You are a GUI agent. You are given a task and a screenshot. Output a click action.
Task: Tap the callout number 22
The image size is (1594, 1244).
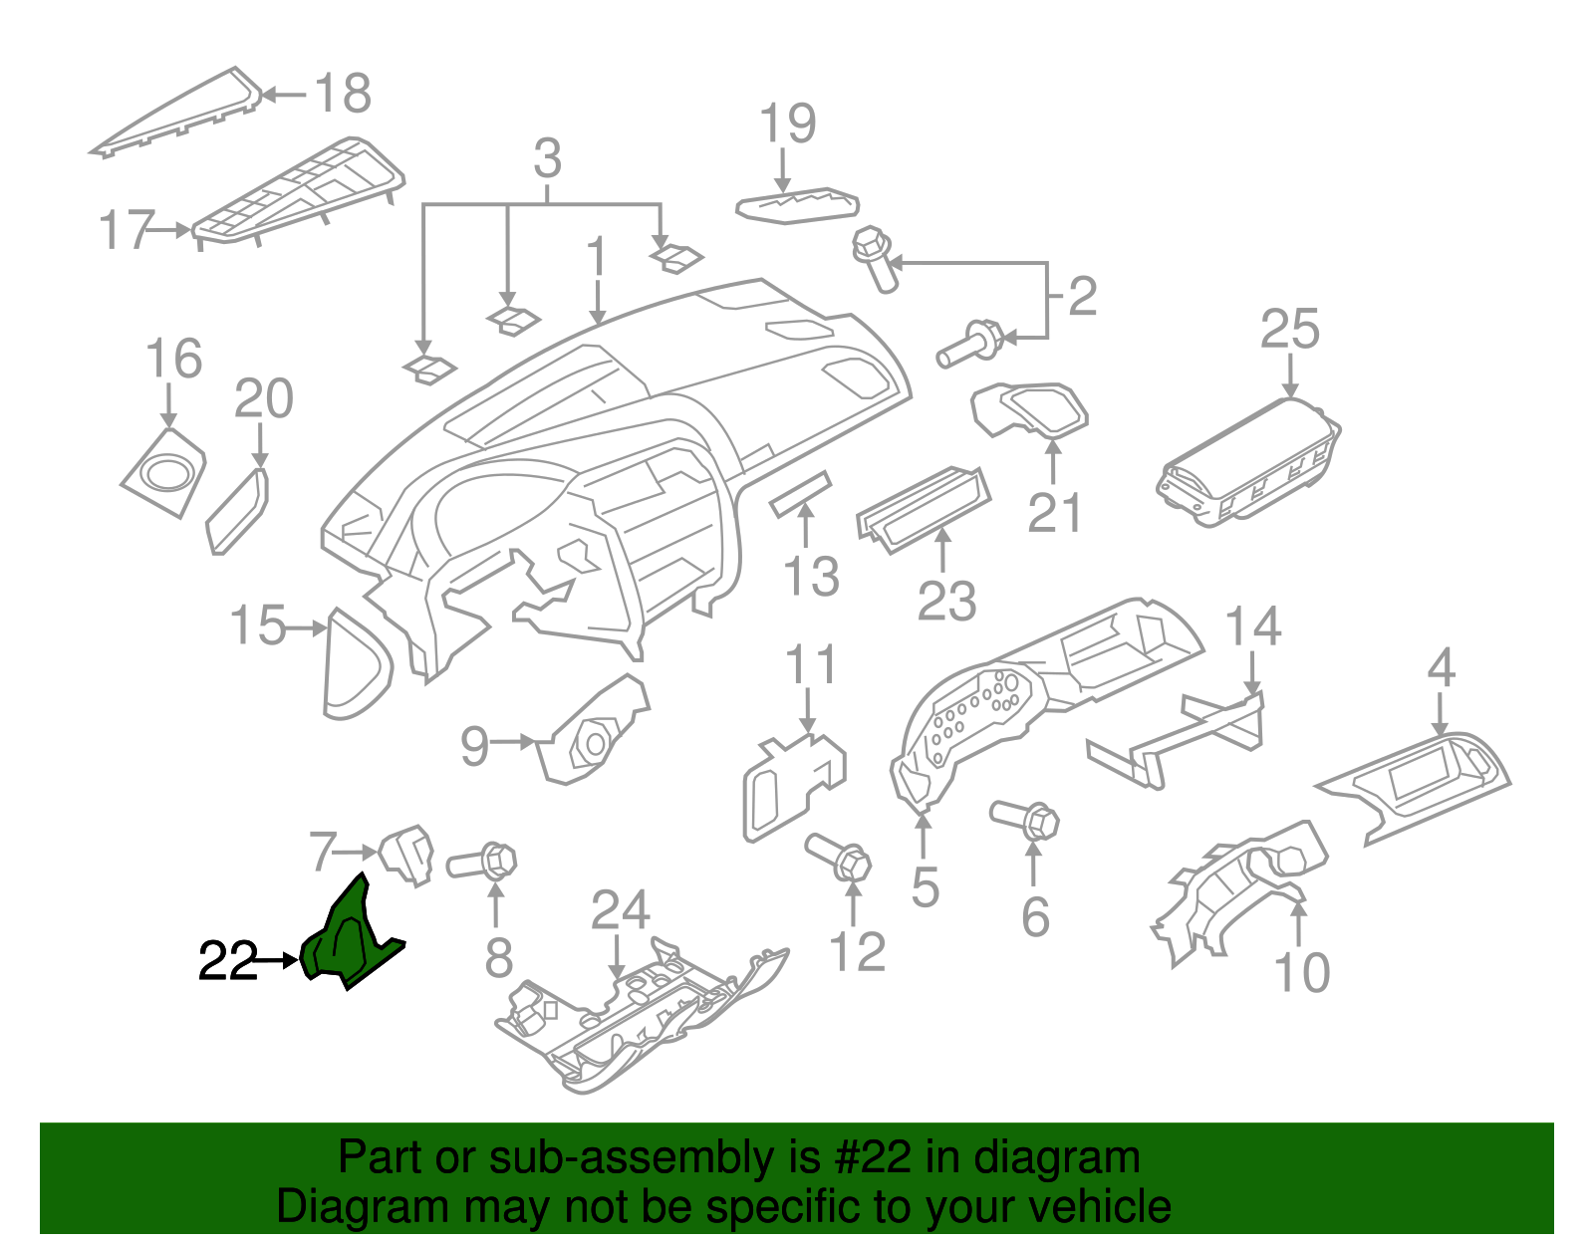tap(228, 961)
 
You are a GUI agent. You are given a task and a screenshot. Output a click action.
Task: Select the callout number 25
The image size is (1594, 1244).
tap(1289, 330)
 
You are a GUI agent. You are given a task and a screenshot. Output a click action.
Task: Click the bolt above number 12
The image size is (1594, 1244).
tap(840, 857)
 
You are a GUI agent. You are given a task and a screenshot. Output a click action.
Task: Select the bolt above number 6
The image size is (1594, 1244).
tap(1026, 819)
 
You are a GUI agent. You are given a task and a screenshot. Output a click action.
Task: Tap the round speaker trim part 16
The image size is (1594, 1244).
tap(164, 473)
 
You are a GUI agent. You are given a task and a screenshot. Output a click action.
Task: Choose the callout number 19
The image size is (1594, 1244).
tap(787, 124)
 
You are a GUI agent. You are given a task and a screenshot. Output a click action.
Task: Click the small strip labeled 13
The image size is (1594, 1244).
tap(800, 493)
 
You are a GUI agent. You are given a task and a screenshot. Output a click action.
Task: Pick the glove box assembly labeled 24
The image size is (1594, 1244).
tap(638, 1026)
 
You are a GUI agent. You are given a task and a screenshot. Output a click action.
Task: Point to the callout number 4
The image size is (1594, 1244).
tap(1441, 668)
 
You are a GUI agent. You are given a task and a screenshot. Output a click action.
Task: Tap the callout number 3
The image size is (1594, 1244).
tap(547, 159)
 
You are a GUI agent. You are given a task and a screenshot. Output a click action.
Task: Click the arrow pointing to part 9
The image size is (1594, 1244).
tap(515, 742)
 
